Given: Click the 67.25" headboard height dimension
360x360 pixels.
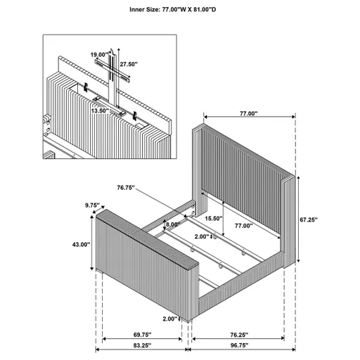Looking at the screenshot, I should (307, 219).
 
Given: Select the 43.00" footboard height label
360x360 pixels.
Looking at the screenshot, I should (81, 245).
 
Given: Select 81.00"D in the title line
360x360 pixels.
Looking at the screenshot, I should (216, 10).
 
